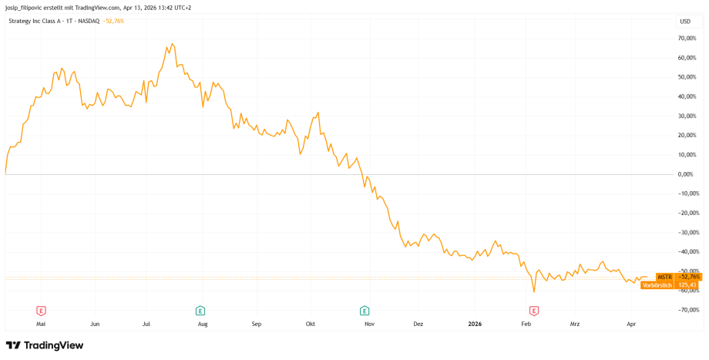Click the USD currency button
coord(684,22)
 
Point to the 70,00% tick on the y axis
coord(687,38)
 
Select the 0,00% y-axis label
coord(687,174)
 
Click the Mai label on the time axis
coord(41,325)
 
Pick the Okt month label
coord(311,325)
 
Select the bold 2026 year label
coord(475,325)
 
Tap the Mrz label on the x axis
coord(574,325)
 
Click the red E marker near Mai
coord(41,311)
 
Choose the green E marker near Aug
coord(200,311)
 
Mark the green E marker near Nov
coord(365,311)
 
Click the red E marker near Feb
coord(533,311)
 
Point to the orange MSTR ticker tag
coord(664,277)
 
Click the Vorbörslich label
coord(657,285)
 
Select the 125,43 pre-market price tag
coord(687,285)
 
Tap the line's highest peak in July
coord(172,44)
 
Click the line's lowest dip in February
coord(533,291)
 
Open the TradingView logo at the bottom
coord(45,345)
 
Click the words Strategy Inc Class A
coord(38,21)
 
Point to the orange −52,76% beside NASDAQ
coord(113,21)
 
